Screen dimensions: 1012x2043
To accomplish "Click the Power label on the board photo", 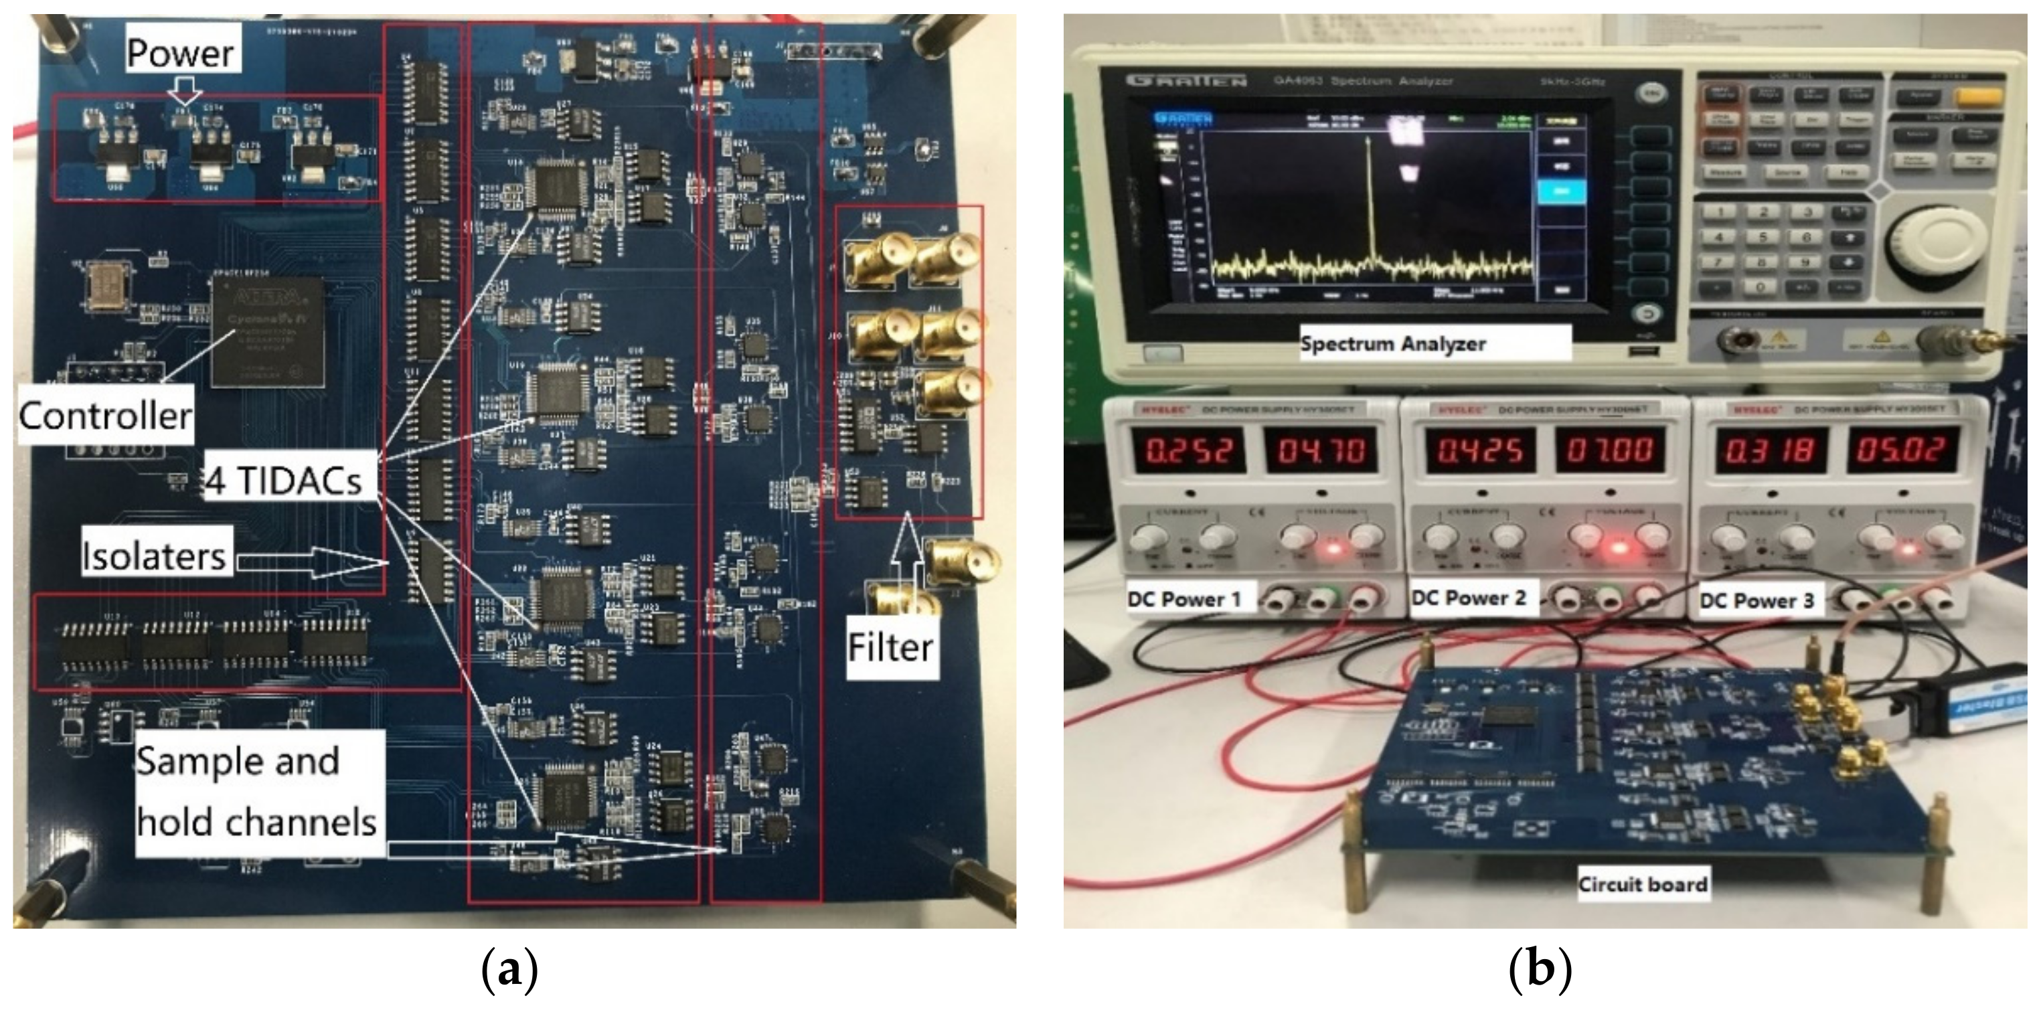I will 181,53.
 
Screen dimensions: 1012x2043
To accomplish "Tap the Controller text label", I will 106,415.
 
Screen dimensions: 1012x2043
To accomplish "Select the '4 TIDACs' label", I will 284,481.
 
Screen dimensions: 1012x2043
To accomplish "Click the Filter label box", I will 891,647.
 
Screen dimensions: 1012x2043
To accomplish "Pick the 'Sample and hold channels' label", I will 256,792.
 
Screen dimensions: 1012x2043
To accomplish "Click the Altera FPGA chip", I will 268,331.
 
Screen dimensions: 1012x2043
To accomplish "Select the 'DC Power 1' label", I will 1184,599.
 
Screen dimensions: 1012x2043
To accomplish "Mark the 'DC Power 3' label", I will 1756,600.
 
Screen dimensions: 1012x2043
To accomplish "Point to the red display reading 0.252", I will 1188,450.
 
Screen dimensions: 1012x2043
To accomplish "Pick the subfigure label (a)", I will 509,969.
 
